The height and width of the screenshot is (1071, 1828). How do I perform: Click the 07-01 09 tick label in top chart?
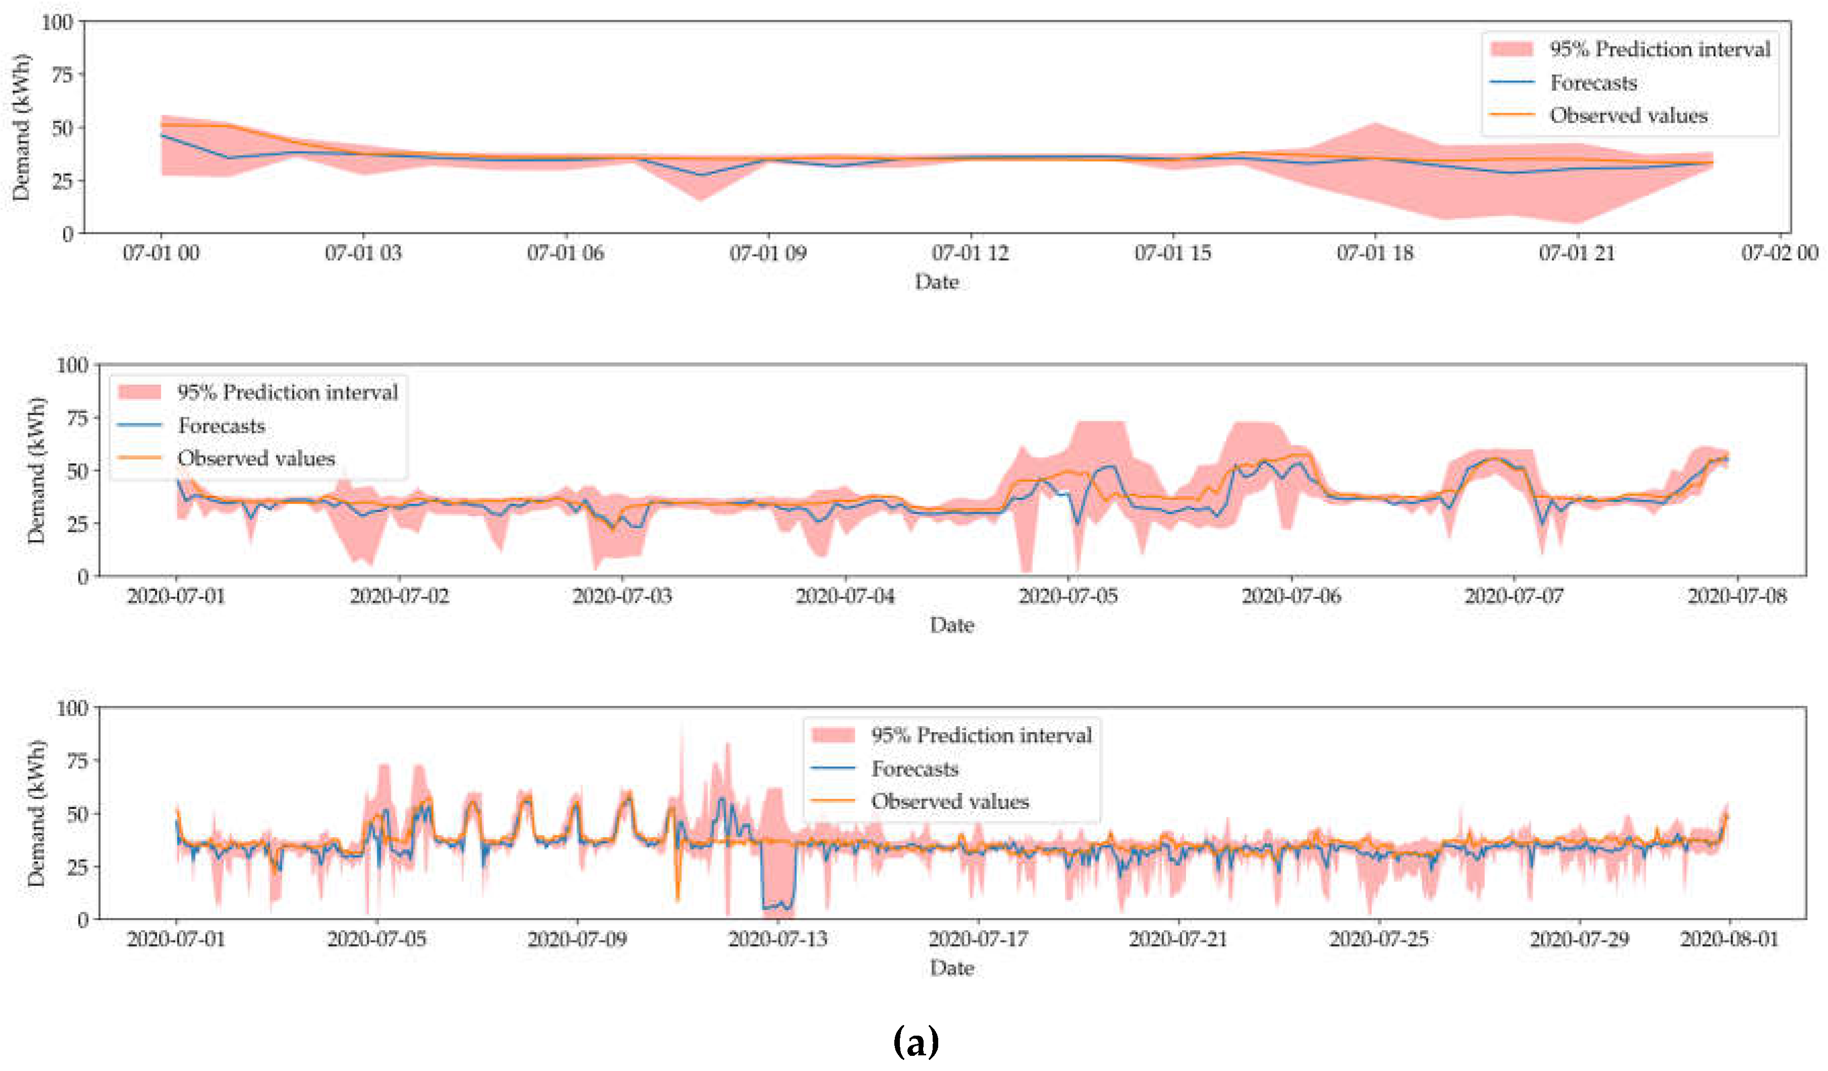[768, 253]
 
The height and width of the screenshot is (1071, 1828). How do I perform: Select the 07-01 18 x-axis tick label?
[1375, 253]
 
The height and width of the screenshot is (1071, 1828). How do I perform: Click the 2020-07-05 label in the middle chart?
[1068, 596]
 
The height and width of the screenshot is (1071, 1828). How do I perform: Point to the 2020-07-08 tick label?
[1737, 596]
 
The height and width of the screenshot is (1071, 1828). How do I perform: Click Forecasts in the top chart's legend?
[1593, 83]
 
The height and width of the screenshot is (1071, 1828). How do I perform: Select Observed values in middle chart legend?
[256, 458]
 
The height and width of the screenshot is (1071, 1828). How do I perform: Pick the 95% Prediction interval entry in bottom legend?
[981, 736]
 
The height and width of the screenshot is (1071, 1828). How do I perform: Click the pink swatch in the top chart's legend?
[1512, 49]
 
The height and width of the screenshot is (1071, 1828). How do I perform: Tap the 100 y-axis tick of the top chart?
[57, 23]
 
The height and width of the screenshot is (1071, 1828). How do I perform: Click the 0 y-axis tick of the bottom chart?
[83, 920]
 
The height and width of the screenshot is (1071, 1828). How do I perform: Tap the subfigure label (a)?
[916, 1043]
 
